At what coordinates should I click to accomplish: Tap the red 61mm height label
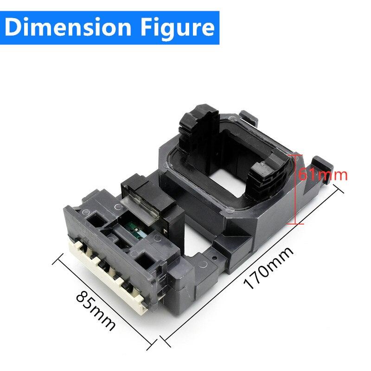click(x=322, y=175)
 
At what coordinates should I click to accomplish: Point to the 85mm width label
click(x=95, y=310)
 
